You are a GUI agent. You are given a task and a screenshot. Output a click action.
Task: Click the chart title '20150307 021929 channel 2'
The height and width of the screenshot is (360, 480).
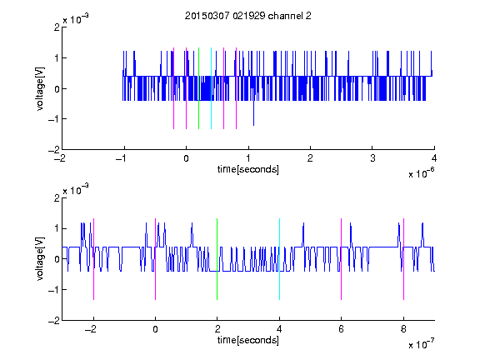coord(248,16)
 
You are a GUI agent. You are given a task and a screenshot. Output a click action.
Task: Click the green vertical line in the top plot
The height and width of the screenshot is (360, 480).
coord(198,88)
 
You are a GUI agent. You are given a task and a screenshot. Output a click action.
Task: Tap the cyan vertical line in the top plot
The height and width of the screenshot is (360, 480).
coord(211,88)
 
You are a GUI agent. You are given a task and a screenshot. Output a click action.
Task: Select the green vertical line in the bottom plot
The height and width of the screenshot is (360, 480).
coord(217,259)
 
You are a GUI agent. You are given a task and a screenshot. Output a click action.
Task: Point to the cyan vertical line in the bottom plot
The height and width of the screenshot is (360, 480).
coord(279,259)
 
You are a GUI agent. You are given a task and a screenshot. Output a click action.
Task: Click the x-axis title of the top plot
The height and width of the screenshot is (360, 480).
coord(248,169)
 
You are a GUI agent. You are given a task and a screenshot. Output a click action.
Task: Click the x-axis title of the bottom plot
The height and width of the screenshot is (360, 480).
coord(248,340)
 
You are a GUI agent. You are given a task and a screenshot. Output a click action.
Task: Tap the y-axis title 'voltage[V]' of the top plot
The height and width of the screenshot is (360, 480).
coord(40,88)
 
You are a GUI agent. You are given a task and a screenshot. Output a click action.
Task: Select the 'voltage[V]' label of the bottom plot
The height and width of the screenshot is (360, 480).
coord(40,259)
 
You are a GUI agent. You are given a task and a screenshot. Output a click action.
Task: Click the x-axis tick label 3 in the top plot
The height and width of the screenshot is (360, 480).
coord(372,158)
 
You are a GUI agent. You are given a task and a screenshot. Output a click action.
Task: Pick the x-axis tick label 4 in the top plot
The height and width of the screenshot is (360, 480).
coord(434,158)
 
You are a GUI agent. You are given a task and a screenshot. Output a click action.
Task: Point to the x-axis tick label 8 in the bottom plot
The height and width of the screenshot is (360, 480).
coord(403,329)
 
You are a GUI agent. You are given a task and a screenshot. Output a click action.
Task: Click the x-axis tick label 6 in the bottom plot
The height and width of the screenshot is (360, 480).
coord(341,329)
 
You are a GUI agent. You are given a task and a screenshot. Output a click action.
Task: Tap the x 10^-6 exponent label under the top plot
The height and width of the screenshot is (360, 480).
coord(421,173)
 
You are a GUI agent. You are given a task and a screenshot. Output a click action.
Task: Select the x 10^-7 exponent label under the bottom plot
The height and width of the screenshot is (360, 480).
coord(421,344)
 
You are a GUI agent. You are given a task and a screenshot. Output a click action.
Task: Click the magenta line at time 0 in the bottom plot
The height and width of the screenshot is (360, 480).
coord(155,259)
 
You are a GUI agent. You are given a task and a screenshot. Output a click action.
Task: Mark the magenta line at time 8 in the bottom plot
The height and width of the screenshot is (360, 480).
coord(403,259)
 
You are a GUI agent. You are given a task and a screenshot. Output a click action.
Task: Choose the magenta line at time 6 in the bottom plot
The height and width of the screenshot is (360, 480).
coord(341,259)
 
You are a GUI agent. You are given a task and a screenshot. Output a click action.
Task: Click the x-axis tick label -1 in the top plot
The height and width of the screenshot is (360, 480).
coord(122,158)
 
